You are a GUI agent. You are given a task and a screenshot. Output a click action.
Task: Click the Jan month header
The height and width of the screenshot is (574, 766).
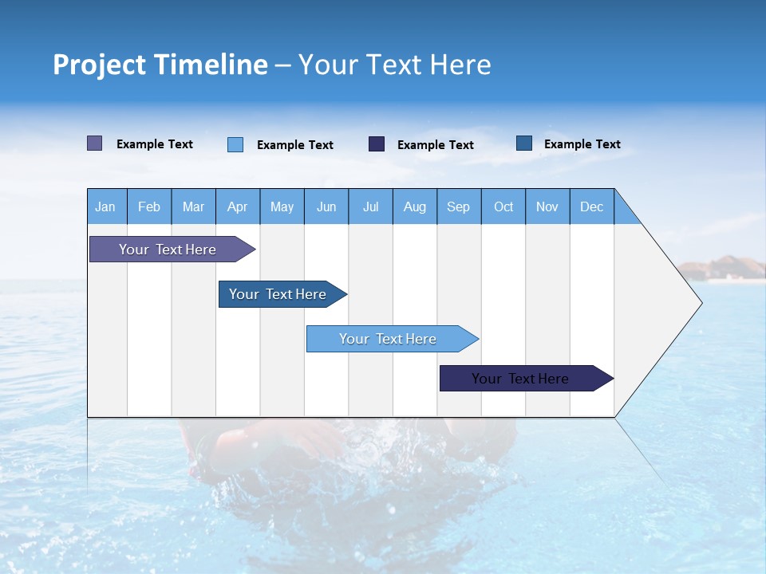pyautogui.click(x=106, y=206)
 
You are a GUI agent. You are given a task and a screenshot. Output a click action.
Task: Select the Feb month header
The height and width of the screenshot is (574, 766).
pyautogui.click(x=149, y=206)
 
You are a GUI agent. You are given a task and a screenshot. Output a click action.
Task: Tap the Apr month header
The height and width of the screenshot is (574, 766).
pyautogui.click(x=238, y=206)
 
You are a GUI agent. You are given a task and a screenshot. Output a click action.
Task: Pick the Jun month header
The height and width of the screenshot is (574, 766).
pyautogui.click(x=326, y=206)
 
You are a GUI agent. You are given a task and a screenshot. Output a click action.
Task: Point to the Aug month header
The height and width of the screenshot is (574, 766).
pyautogui.click(x=415, y=206)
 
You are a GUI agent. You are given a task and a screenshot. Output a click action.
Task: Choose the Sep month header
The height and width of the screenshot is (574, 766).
pyautogui.click(x=459, y=206)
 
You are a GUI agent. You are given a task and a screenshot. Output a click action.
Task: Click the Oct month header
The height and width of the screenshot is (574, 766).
pyautogui.click(x=503, y=206)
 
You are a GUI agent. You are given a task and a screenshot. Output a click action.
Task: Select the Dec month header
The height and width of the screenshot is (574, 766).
pyautogui.click(x=592, y=206)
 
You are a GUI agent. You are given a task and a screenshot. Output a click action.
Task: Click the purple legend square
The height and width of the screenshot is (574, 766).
pyautogui.click(x=95, y=143)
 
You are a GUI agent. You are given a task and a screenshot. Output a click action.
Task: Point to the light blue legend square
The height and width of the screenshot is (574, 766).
pyautogui.click(x=235, y=144)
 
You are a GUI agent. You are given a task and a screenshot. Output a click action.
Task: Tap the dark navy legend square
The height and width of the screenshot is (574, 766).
pyautogui.click(x=377, y=143)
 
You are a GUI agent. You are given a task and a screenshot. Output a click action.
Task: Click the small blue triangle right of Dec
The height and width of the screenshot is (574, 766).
pyautogui.click(x=626, y=212)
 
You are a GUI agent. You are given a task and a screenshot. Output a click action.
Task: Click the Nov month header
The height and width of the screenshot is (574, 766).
pyautogui.click(x=547, y=206)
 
